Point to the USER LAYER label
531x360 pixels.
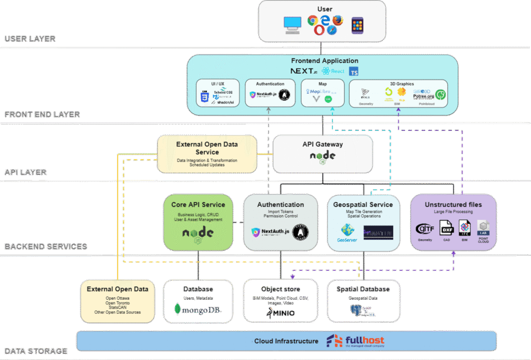point(37,39)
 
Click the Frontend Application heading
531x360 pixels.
point(324,61)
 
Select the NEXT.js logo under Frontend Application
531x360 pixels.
point(303,71)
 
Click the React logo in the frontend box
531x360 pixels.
point(333,71)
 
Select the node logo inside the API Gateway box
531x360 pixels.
point(323,156)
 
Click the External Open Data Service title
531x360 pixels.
point(207,148)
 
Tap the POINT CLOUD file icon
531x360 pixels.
point(483,230)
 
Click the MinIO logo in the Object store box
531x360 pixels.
point(281,313)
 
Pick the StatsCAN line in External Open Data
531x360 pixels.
point(117,307)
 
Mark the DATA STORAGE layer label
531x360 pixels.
point(36,351)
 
